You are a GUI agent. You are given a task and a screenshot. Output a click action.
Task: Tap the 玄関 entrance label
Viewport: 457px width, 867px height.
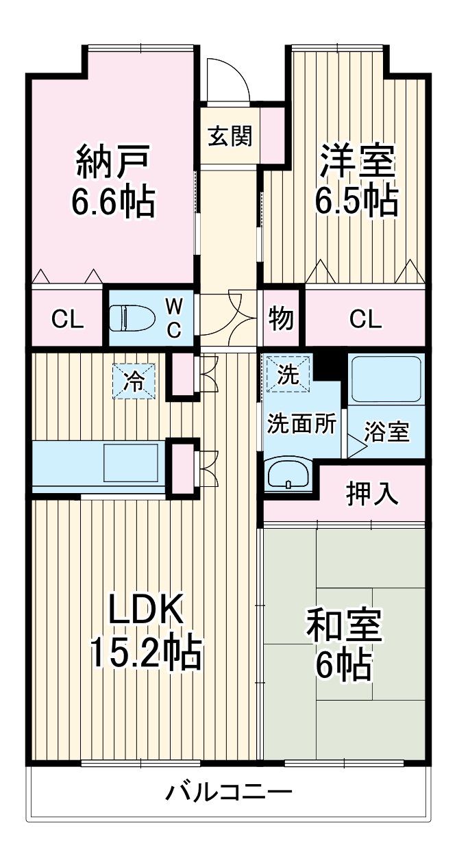pos(230,136)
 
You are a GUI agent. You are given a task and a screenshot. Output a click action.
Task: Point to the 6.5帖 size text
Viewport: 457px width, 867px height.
pos(356,200)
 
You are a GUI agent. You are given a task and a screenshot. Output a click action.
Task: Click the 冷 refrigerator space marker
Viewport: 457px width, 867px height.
pos(134,381)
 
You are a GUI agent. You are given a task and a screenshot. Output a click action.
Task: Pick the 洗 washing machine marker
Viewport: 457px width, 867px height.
pos(288,375)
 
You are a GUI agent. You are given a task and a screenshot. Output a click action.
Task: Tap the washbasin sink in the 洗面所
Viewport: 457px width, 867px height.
pos(287,474)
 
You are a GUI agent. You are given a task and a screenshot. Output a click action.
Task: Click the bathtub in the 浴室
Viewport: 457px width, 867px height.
pos(386,379)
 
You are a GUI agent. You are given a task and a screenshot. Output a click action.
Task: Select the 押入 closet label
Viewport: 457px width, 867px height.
pos(372,494)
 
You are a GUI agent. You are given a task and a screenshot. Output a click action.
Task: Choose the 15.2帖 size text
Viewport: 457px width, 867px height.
pos(146,653)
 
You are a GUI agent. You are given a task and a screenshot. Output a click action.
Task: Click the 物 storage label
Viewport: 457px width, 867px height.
pos(281,318)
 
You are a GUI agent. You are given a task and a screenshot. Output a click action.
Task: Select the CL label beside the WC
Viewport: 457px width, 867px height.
pos(67,319)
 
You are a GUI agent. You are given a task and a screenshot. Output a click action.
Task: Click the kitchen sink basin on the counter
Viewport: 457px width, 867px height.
pos(130,463)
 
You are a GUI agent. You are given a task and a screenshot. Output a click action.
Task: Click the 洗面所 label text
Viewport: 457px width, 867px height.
pos(301,424)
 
